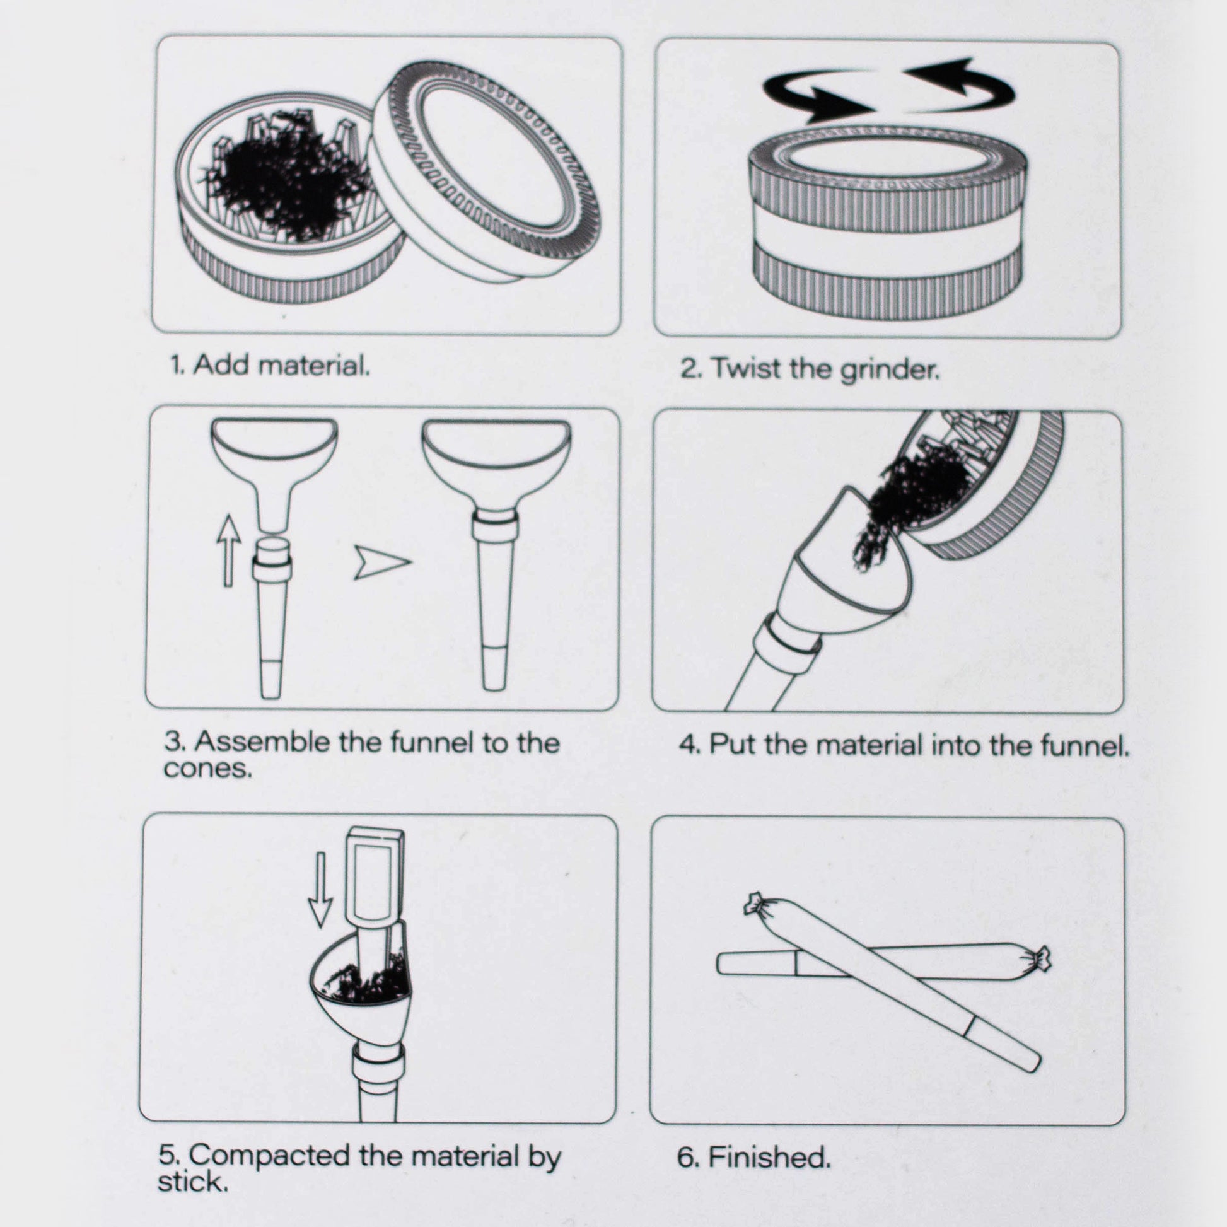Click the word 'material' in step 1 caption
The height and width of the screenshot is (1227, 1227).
pyautogui.click(x=315, y=366)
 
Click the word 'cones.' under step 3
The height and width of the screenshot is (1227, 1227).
pyautogui.click(x=207, y=769)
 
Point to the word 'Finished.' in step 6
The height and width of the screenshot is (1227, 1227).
pyautogui.click(x=769, y=1157)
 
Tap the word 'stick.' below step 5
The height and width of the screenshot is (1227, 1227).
pyautogui.click(x=192, y=1182)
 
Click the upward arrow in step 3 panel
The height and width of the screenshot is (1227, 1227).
pyautogui.click(x=229, y=550)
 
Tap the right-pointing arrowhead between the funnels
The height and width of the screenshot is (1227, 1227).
pyautogui.click(x=381, y=561)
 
